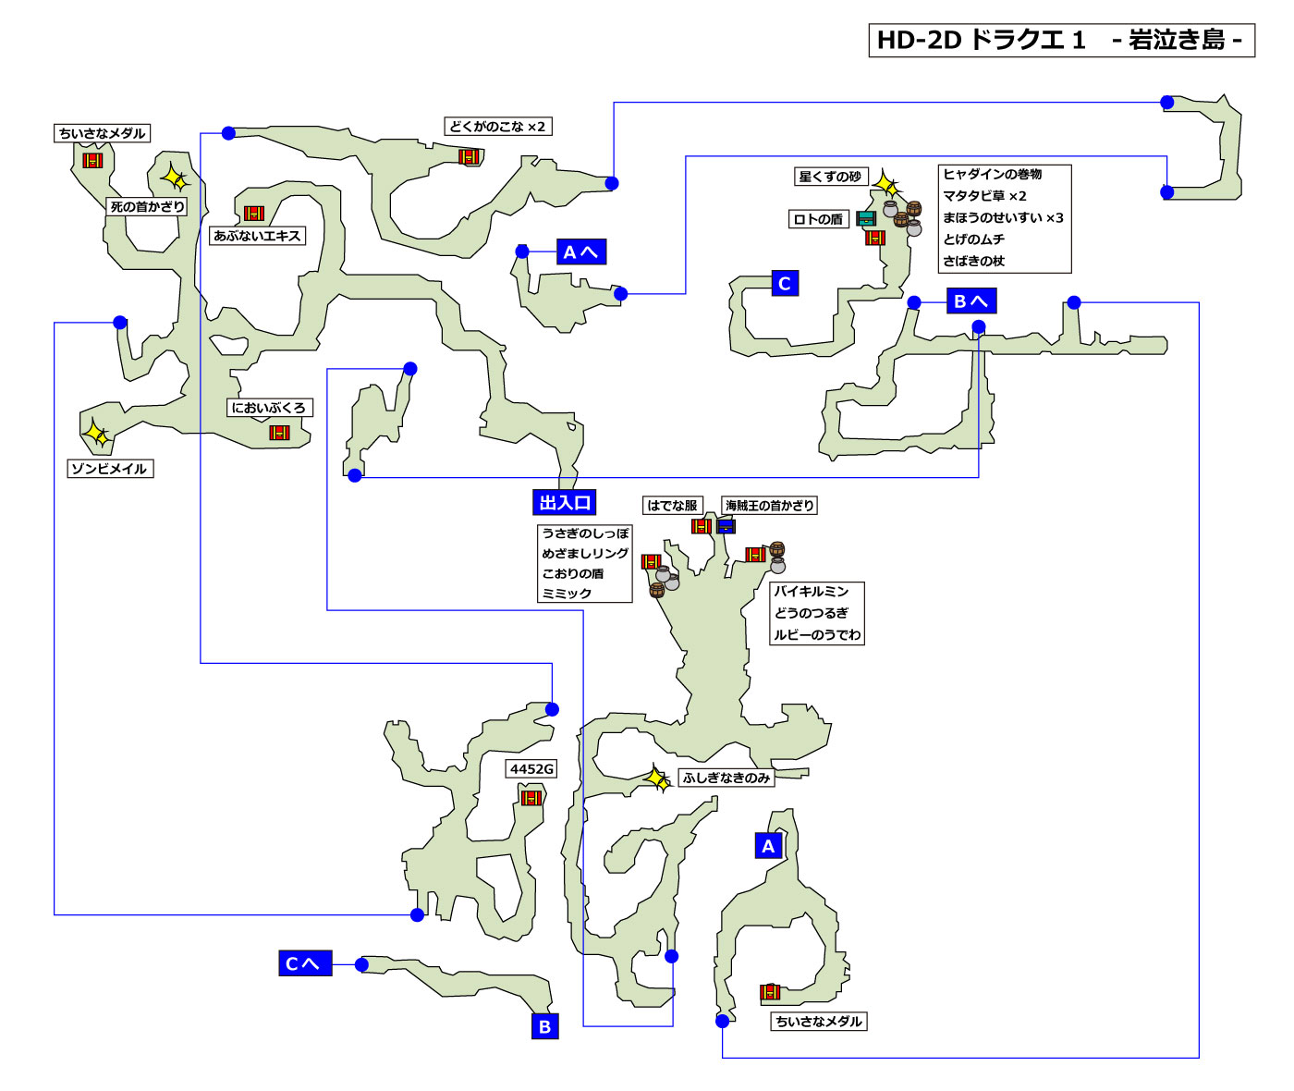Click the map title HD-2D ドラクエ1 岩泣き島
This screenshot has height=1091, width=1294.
tap(1061, 41)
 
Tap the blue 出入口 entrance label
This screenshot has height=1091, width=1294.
tap(565, 503)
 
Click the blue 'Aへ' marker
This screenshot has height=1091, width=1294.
tap(581, 252)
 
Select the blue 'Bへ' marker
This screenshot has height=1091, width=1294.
tap(970, 301)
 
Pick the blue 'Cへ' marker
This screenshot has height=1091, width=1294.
tap(304, 963)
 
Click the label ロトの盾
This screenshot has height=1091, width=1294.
tap(818, 219)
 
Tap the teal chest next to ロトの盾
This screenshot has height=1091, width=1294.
tap(866, 219)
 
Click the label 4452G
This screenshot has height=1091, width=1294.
tap(531, 769)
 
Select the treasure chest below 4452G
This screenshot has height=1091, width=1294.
tap(531, 797)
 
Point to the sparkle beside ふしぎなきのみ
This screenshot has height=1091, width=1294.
tap(657, 778)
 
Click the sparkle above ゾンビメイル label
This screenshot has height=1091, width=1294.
tap(95, 433)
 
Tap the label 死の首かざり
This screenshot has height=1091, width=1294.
tap(147, 207)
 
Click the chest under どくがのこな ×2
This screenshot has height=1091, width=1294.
tap(470, 156)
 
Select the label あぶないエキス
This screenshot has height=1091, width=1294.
tap(257, 236)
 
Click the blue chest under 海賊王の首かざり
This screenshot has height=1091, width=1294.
tap(726, 526)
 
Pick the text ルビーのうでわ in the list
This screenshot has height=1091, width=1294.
tap(817, 634)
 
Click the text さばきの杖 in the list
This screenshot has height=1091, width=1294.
tap(973, 261)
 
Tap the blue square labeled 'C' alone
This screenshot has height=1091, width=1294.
tap(785, 284)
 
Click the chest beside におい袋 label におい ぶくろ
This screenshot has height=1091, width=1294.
tap(279, 433)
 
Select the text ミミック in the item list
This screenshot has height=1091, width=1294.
tap(567, 593)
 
